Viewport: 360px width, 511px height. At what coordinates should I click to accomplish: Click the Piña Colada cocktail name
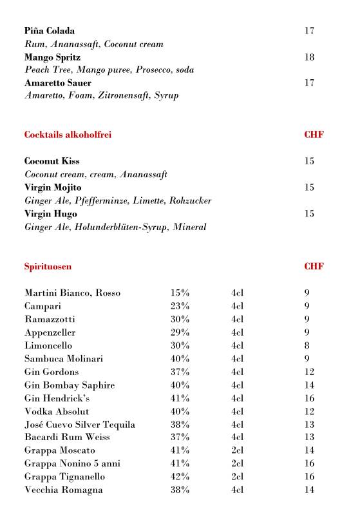[50, 31]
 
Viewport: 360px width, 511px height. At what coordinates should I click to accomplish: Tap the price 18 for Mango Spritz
[309, 57]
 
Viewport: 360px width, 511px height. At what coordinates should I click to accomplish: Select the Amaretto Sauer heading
[58, 83]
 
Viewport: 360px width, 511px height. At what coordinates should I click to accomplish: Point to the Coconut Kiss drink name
[52, 161]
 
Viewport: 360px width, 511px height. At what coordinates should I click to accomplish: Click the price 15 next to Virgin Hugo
[309, 214]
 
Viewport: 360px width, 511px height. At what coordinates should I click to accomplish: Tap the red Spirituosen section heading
[48, 266]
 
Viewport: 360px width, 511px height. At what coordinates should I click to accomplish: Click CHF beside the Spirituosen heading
[314, 266]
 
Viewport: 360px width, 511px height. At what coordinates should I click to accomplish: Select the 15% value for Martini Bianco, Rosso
[180, 293]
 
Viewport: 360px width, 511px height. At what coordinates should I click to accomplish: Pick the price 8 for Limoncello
[307, 345]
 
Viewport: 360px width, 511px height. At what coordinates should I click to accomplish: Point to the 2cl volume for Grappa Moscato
[238, 450]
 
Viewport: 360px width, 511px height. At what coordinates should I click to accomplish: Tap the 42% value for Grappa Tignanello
[180, 477]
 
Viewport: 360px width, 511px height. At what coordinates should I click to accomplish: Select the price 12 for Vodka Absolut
[309, 411]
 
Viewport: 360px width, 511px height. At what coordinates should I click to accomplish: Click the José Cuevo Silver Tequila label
[80, 425]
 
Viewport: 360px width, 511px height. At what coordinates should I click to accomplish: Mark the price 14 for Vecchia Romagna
[309, 490]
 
